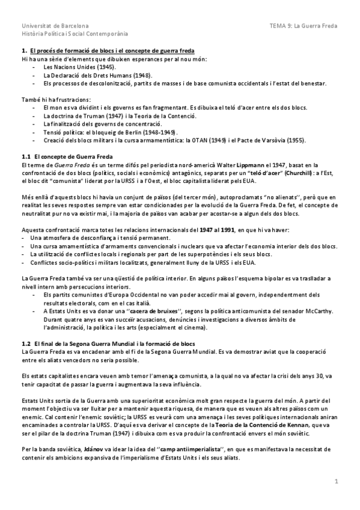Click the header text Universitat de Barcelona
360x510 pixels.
click(x=55, y=26)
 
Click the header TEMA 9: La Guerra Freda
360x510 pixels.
click(x=304, y=26)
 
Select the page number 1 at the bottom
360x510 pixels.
click(x=337, y=481)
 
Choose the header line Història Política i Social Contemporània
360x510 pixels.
click(x=70, y=34)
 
